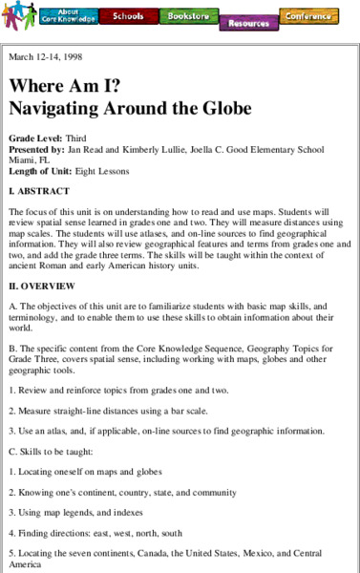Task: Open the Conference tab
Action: tap(308, 16)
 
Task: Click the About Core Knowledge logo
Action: tap(66, 16)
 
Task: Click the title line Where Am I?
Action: tap(57, 85)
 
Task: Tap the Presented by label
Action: tap(37, 149)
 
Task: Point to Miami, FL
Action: tap(28, 159)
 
